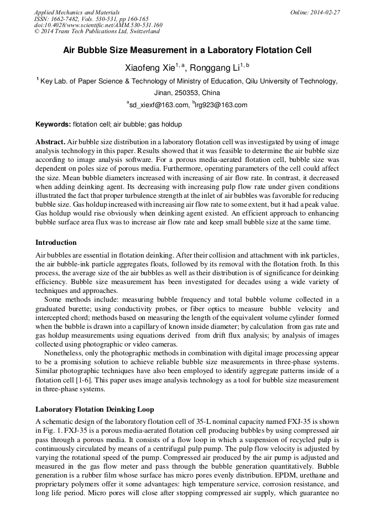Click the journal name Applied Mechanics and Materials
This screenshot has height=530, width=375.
[x=69, y=12]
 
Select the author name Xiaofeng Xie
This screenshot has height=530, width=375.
[x=150, y=68]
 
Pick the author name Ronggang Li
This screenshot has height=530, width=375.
[x=216, y=68]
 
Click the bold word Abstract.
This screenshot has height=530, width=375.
[x=51, y=142]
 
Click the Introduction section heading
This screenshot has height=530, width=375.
[x=56, y=243]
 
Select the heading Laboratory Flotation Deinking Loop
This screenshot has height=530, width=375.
[x=95, y=410]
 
